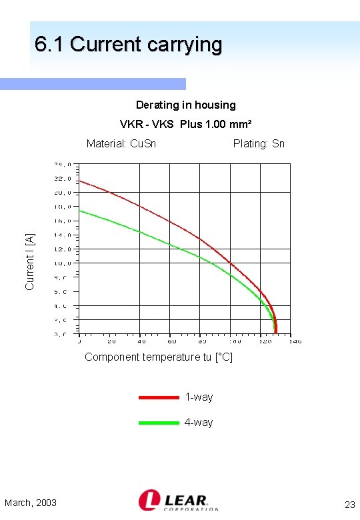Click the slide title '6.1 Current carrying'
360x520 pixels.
(128, 45)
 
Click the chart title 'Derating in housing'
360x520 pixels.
(185, 105)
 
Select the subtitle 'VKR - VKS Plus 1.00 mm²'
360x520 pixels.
(185, 124)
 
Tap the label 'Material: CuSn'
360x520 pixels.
(121, 143)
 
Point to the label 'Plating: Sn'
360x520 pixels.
(259, 143)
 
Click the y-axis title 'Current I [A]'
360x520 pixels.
(29, 262)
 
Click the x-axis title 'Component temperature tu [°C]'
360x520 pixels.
(159, 357)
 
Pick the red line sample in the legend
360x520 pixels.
(159, 397)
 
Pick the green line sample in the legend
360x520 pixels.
(159, 423)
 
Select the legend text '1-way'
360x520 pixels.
(199, 397)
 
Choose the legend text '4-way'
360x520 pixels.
(199, 423)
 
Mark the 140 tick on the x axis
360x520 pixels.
(295, 341)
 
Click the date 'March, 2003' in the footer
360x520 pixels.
(31, 502)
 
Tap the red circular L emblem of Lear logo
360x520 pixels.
(148, 500)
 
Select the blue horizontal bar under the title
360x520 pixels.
(93, 84)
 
